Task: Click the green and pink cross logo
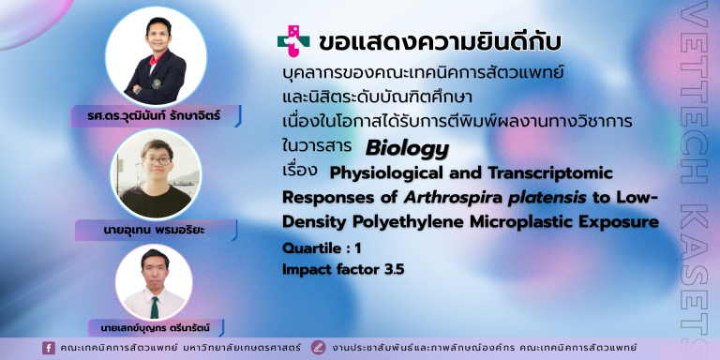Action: point(292,41)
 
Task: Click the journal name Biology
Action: point(407,149)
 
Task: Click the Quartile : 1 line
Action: point(322,248)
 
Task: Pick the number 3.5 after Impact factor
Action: point(395,270)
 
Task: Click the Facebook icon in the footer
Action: point(49,348)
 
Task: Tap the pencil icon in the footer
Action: point(318,348)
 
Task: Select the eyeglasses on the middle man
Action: point(157,160)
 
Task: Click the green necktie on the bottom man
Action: point(155,307)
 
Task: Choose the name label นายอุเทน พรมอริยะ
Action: point(157,231)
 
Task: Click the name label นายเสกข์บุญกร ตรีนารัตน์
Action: point(157,328)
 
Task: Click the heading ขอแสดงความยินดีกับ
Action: point(440,42)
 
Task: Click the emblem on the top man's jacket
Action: point(157,84)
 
